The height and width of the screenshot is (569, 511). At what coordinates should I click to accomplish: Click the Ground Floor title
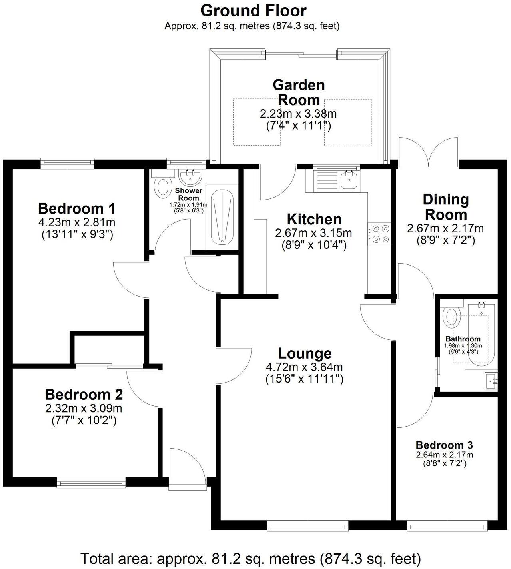point(254,10)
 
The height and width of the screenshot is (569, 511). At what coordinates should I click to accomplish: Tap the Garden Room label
point(299,92)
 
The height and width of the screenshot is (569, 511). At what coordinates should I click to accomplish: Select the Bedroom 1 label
point(77,208)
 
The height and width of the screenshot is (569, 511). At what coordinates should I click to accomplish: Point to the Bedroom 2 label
point(84,395)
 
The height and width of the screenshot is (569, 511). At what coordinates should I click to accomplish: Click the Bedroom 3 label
point(444,445)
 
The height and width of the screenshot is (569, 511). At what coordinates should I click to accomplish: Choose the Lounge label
point(305,353)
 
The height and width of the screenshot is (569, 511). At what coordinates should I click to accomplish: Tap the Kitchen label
point(314,219)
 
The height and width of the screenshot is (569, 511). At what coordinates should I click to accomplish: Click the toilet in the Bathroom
point(451,316)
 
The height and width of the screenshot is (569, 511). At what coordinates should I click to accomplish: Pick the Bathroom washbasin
point(491,381)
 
